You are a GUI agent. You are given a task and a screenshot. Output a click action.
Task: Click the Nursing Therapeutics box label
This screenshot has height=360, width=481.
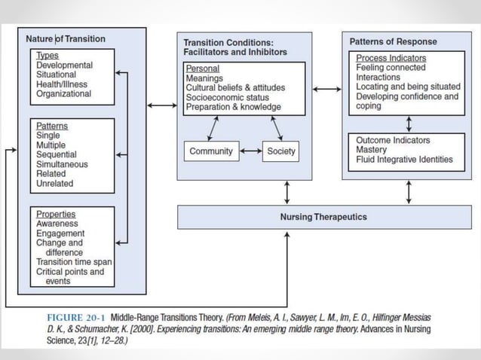click(329, 217)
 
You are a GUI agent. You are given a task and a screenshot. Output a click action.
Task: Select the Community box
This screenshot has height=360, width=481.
click(211, 151)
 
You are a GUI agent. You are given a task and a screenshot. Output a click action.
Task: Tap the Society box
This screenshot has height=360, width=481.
click(281, 151)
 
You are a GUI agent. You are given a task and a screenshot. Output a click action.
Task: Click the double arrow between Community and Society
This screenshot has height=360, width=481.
click(250, 151)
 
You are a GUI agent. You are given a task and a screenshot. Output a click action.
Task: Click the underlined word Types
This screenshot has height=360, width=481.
click(47, 56)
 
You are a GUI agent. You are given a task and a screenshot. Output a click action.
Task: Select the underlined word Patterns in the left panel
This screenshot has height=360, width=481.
click(51, 126)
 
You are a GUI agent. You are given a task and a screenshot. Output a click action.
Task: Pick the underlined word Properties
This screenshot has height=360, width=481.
click(56, 213)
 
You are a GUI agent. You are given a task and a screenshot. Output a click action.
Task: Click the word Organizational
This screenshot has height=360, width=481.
click(64, 94)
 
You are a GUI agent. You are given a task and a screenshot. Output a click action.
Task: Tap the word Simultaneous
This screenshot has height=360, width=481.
click(62, 164)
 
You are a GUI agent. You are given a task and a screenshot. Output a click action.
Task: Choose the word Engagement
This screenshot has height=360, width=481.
click(60, 233)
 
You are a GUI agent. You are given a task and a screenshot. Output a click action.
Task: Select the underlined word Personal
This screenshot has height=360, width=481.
click(202, 69)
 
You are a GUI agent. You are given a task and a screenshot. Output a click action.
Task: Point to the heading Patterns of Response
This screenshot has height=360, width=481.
click(393, 42)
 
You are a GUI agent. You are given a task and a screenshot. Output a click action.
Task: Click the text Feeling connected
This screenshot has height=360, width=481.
click(391, 68)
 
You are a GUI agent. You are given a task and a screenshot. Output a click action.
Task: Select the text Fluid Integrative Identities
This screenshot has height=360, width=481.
click(404, 159)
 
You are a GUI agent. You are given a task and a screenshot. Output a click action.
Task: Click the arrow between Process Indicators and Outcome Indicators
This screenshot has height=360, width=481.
click(409, 124)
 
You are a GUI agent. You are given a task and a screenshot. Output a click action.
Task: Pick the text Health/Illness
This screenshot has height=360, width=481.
click(63, 84)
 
